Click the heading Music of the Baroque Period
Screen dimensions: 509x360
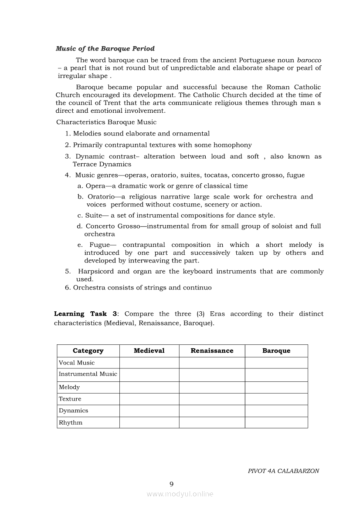(105, 49)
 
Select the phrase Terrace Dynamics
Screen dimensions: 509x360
(102, 164)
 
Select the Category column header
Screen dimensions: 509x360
(88, 351)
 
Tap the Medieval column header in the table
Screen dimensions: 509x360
(149, 351)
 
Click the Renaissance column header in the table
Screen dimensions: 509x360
(212, 351)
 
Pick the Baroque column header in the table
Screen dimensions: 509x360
(276, 351)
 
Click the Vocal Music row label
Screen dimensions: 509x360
(77, 363)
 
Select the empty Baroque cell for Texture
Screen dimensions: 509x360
(276, 399)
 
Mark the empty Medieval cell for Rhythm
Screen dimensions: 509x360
(149, 423)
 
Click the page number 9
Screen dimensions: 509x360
(171, 484)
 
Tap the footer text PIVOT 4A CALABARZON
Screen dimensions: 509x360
(283, 471)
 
